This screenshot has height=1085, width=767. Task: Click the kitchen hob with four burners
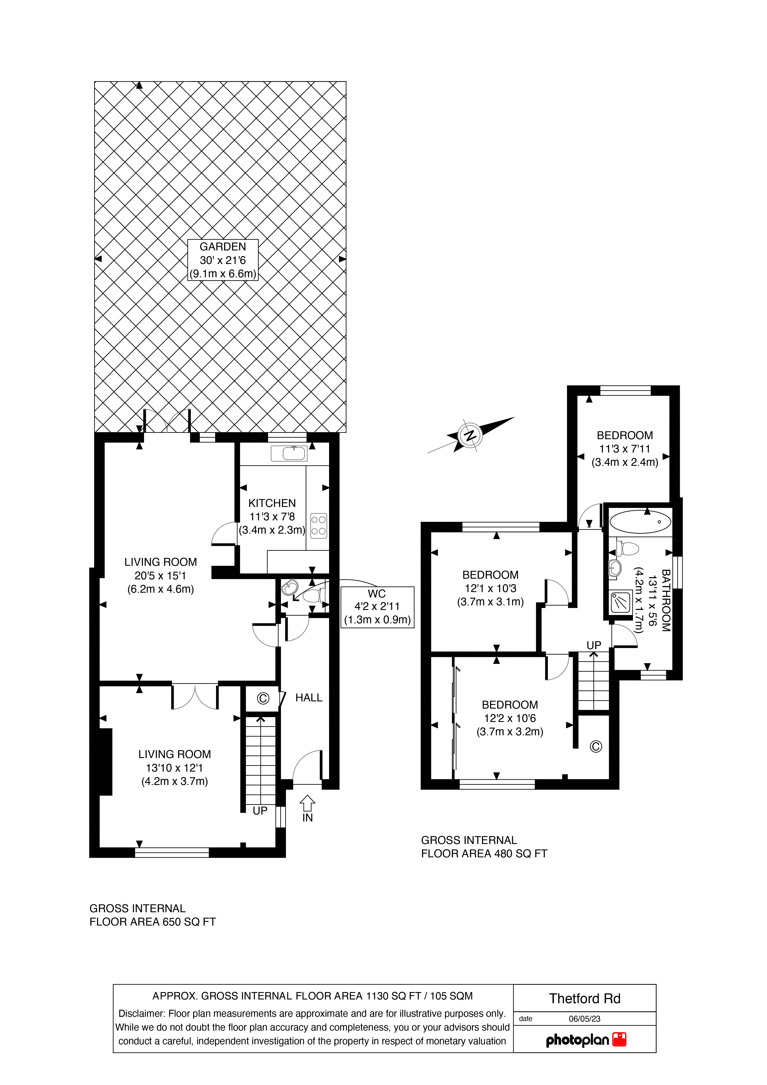point(318,526)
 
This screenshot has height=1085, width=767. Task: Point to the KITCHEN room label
point(272,503)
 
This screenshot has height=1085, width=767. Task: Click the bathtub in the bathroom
point(640,523)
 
